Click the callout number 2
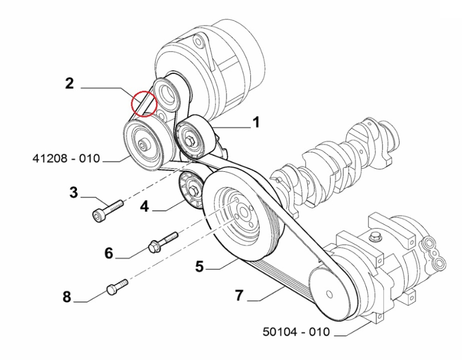tap(69, 84)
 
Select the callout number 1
tap(255, 123)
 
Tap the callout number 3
tap(74, 193)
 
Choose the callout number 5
tap(200, 266)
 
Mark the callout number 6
tap(108, 253)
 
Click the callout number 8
tap(67, 297)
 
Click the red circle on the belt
tap(144, 103)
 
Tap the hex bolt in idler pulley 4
tap(193, 191)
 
